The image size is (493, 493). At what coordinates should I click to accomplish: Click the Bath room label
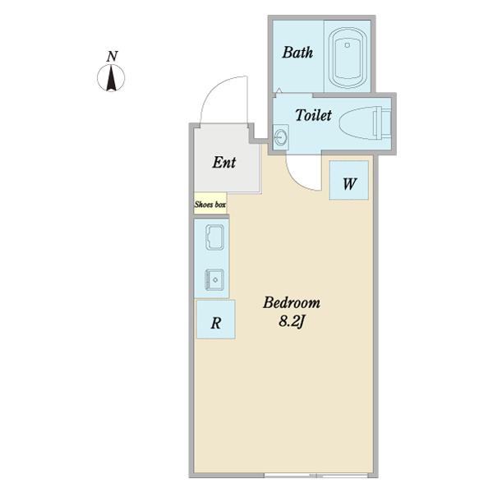[297, 53]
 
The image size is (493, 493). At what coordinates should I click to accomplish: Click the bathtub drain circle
[347, 45]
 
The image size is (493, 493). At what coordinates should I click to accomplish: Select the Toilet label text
[313, 115]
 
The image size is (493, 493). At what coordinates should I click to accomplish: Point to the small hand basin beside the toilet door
[280, 136]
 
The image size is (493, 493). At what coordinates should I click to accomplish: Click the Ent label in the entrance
[223, 162]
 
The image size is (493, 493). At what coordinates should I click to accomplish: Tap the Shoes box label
[210, 205]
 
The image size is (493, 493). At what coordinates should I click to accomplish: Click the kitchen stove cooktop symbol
[214, 237]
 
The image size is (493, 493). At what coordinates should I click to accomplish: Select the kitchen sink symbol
[214, 279]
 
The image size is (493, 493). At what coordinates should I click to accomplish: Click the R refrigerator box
[215, 320]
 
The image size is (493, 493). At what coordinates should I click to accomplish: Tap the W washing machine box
[348, 180]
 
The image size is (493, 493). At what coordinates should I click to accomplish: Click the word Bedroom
[292, 302]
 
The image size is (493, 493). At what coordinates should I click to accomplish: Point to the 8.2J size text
[292, 321]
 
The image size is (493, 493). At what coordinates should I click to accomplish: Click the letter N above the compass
[112, 56]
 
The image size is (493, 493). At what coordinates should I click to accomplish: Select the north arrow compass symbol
[111, 78]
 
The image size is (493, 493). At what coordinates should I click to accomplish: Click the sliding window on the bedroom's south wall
[316, 476]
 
